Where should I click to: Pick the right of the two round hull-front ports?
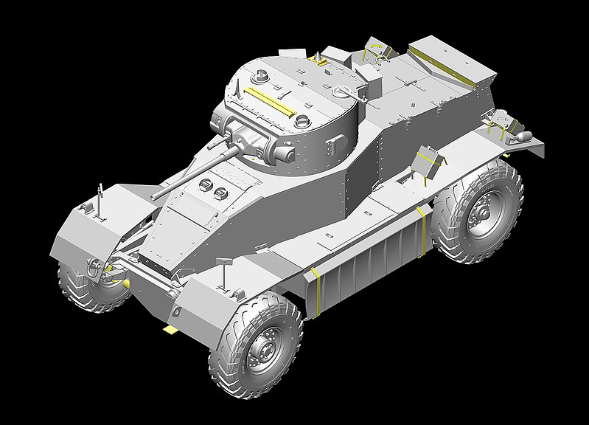220,193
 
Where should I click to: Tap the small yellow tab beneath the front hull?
171,329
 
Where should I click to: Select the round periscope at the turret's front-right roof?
302,120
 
